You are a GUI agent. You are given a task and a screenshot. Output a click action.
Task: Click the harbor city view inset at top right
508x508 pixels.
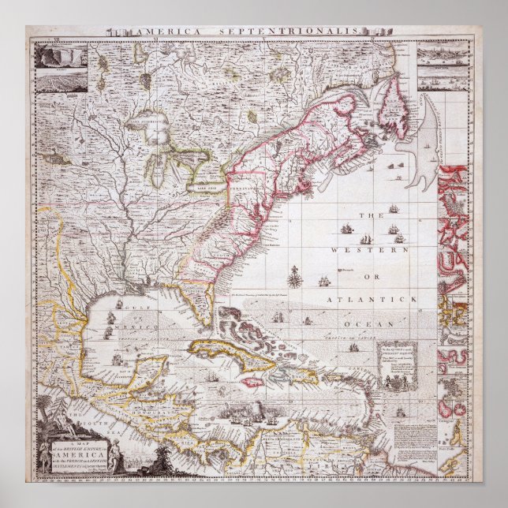point(443,56)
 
